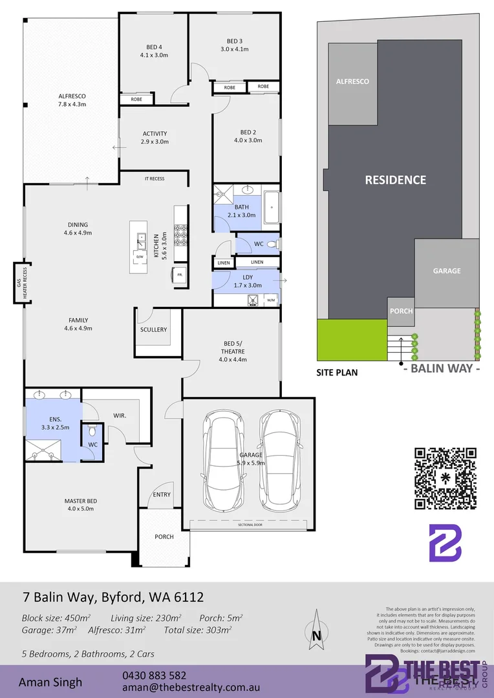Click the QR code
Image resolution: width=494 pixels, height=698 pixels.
(x=446, y=479)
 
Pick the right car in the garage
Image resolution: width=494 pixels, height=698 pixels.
(x=280, y=460)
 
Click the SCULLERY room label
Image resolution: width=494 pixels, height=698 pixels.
(x=153, y=330)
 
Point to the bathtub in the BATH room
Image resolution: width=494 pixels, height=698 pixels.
(x=271, y=208)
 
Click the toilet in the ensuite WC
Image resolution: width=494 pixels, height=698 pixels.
(x=92, y=431)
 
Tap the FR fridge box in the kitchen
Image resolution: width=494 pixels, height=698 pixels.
(x=180, y=275)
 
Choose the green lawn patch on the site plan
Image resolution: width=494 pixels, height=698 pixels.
(x=349, y=339)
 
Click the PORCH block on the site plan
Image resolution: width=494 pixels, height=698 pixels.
(x=401, y=311)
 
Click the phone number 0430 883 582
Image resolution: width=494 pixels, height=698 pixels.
(x=154, y=675)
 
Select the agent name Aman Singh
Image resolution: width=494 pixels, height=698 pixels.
(x=50, y=682)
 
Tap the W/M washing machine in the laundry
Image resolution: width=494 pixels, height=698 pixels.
(x=271, y=300)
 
